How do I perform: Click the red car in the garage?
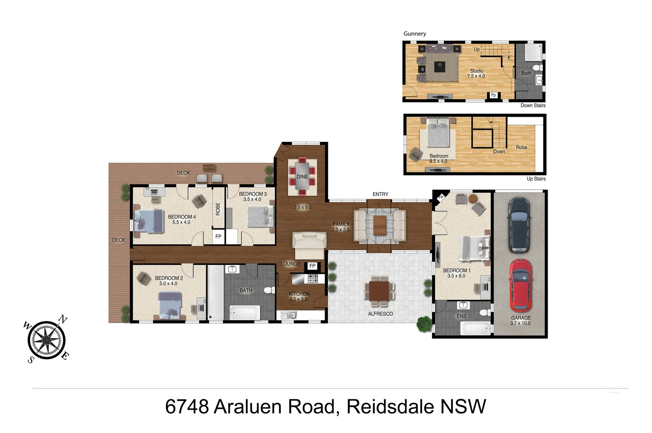pos(520,285)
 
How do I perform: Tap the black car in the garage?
pos(519,225)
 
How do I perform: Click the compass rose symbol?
pos(47,340)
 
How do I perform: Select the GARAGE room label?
pos(520,318)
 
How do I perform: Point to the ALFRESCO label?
pos(380,314)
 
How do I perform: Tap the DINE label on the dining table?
pos(302,177)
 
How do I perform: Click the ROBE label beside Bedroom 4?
pos(218,209)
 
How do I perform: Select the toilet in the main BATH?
pos(268,290)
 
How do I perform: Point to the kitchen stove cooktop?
pos(313,278)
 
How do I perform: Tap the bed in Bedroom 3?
pos(260,216)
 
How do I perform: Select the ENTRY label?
pos(380,194)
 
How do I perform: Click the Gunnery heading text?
pos(414,34)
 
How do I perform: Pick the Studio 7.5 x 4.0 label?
pos(476,73)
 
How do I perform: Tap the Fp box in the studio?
pos(493,95)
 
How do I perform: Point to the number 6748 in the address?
pos(187,407)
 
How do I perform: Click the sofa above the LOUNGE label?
pos(309,242)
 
